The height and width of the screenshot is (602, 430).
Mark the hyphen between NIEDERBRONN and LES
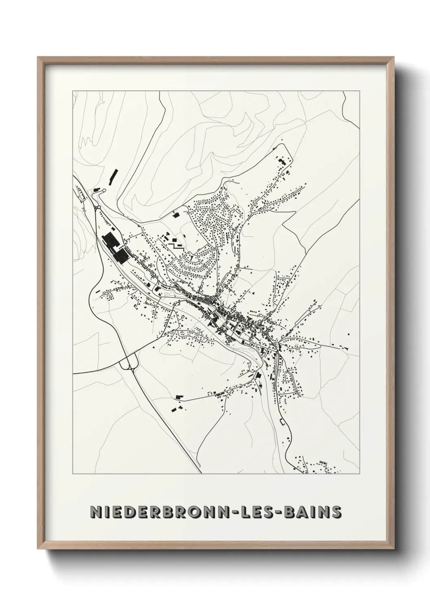point(254,513)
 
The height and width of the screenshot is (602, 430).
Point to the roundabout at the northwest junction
point(98,208)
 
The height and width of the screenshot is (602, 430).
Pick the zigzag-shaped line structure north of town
point(175,245)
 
